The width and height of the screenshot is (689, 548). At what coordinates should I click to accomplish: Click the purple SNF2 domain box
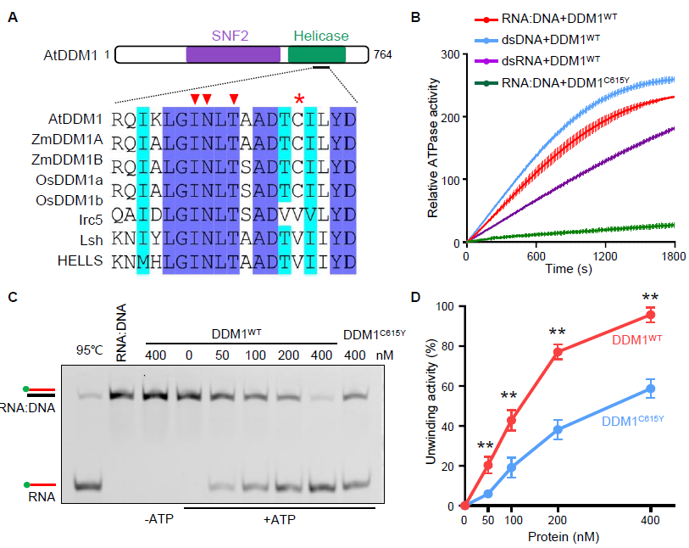(x=233, y=55)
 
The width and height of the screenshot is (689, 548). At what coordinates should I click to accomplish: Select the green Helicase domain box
(x=317, y=55)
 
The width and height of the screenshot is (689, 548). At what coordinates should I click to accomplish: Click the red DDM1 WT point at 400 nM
(x=650, y=315)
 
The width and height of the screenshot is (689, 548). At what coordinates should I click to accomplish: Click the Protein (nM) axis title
(x=558, y=537)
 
